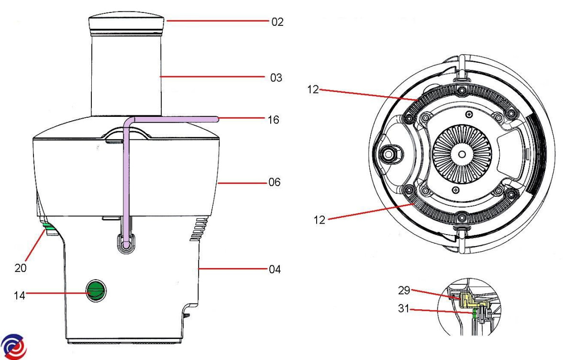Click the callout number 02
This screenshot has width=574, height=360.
click(x=277, y=22)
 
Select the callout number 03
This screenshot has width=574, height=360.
click(x=276, y=78)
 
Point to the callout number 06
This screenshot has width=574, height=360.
click(x=274, y=183)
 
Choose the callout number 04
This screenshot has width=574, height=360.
click(x=274, y=270)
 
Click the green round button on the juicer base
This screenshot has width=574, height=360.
click(x=96, y=290)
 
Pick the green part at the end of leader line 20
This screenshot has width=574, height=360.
click(x=47, y=225)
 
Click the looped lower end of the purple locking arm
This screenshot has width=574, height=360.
click(x=126, y=244)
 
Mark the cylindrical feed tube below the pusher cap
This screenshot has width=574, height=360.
click(x=125, y=77)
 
